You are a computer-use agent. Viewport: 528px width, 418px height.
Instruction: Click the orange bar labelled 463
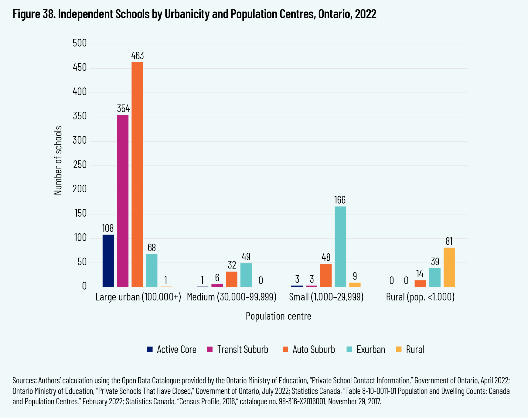coord(137,174)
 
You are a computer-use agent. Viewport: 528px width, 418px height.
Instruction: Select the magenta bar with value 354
coord(123,201)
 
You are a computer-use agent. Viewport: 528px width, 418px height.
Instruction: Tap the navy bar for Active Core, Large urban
coord(108,261)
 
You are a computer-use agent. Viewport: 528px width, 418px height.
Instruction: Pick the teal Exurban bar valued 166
coord(340,246)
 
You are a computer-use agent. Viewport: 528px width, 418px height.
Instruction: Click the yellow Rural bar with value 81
coord(449,267)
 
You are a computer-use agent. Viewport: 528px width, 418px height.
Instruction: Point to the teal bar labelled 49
coord(246,275)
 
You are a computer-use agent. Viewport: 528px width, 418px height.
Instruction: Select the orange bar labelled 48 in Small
coord(326,275)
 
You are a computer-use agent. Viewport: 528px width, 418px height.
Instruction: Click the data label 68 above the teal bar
coord(152,248)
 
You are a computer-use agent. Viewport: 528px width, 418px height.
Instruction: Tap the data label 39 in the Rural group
coord(435,262)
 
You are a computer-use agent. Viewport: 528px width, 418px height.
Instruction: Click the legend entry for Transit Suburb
coord(242,350)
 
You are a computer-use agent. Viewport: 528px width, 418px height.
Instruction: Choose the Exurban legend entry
coord(370,350)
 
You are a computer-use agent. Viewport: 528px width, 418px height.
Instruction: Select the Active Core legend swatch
coord(150,349)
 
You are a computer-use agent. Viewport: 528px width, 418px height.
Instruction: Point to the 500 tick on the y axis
coord(80,43)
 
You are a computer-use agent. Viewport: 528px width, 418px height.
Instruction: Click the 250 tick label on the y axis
coord(80,165)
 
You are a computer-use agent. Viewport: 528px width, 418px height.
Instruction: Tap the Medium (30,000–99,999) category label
coord(232,297)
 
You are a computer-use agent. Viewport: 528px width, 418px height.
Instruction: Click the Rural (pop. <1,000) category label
coord(420,297)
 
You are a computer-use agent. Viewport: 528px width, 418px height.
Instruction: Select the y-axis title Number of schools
coord(58,160)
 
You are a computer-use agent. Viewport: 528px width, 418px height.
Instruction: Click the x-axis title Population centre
coord(278,316)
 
